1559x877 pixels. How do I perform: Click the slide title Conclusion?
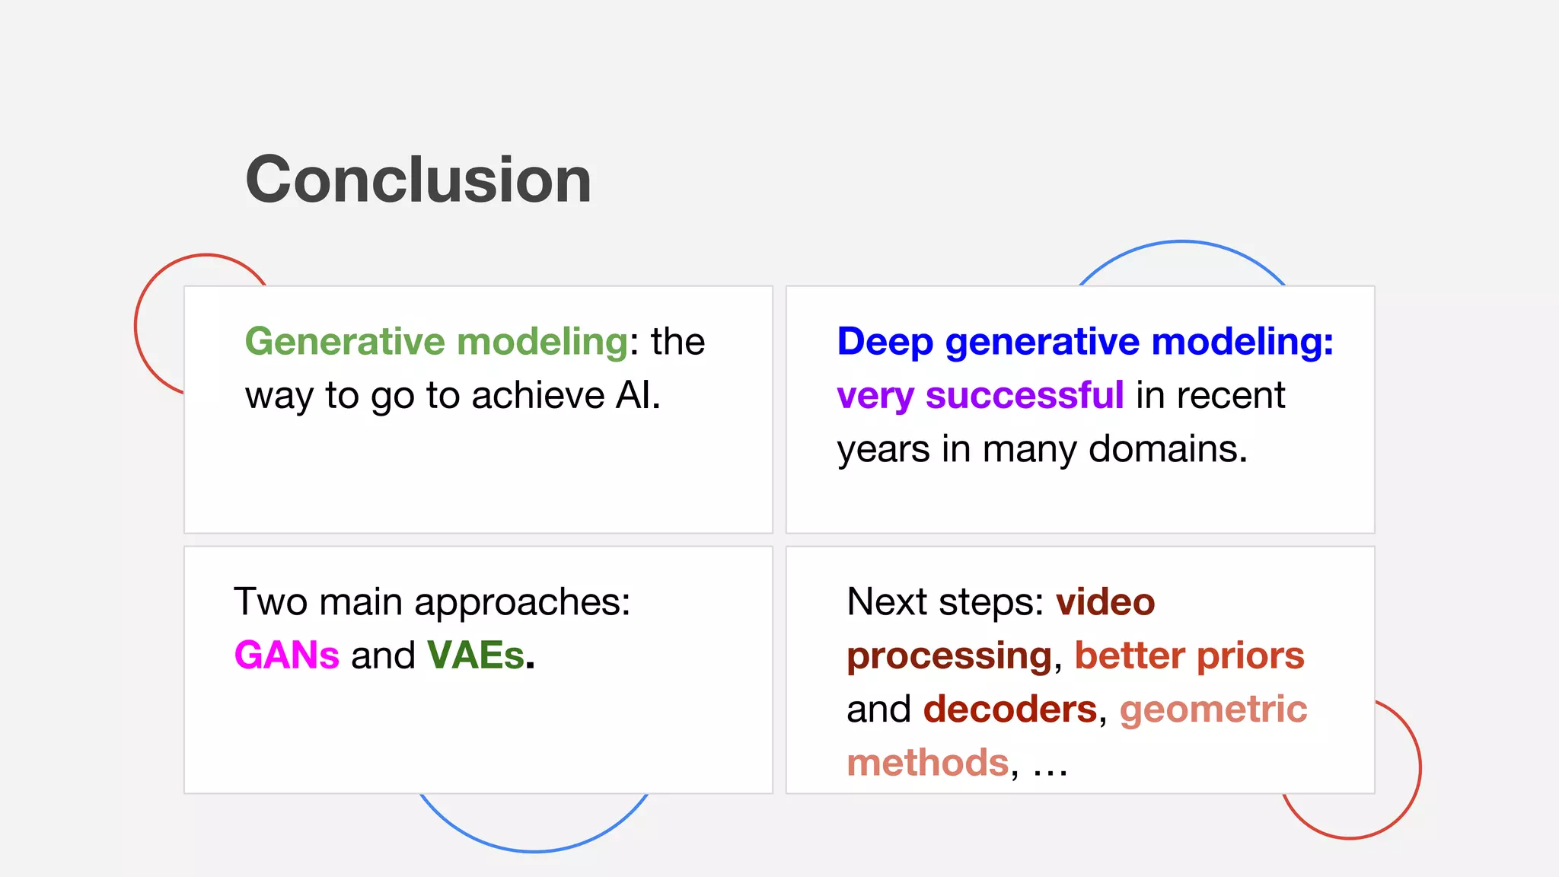click(x=418, y=180)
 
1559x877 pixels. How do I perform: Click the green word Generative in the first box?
click(x=344, y=341)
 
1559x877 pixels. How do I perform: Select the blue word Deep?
click(x=885, y=341)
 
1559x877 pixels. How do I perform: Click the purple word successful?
click(x=1024, y=395)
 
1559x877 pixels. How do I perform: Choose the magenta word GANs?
click(x=286, y=655)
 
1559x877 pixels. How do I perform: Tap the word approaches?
click(x=522, y=603)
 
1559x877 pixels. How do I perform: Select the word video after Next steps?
click(x=1105, y=602)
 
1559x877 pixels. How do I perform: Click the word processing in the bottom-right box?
click(x=949, y=656)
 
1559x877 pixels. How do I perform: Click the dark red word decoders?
click(x=1010, y=710)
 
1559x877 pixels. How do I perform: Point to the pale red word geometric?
click(x=1213, y=710)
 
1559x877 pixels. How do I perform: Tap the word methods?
click(x=927, y=763)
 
